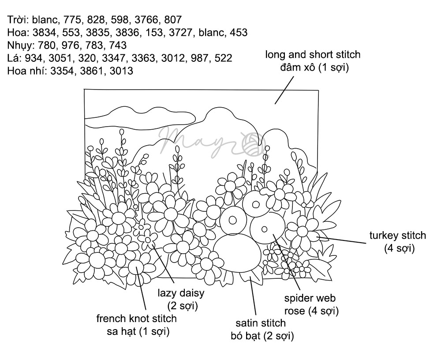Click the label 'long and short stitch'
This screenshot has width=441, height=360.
(x=312, y=55)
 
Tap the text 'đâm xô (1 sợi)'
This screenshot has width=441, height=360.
(x=312, y=68)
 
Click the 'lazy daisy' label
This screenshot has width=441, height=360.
(x=181, y=293)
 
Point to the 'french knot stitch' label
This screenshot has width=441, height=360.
(x=136, y=319)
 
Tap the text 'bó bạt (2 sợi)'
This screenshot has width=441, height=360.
(x=262, y=337)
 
